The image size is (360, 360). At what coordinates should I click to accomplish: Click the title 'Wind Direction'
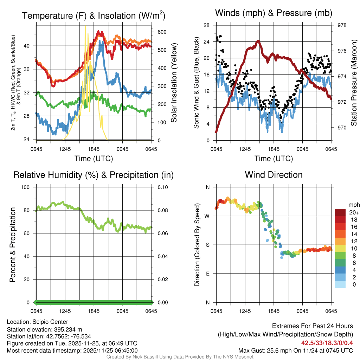point(274,175)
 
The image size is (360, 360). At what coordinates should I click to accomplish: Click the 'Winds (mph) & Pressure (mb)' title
point(274,13)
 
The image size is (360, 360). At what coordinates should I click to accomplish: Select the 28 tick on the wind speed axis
point(207,25)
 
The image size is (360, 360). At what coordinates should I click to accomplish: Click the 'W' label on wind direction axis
point(207,216)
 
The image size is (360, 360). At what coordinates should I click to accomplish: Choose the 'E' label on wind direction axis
point(207,274)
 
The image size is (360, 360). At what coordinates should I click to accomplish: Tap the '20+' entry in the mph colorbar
point(354,212)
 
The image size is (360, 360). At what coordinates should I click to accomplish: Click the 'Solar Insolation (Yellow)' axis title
point(174,83)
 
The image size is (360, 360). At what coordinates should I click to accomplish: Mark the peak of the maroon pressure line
point(258,41)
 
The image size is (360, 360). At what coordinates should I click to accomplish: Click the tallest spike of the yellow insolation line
point(85,26)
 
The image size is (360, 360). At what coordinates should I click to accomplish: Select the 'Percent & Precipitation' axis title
point(12,245)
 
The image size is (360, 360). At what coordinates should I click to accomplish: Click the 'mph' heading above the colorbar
point(354,205)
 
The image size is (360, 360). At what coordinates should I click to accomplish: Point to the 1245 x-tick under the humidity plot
point(65,311)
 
